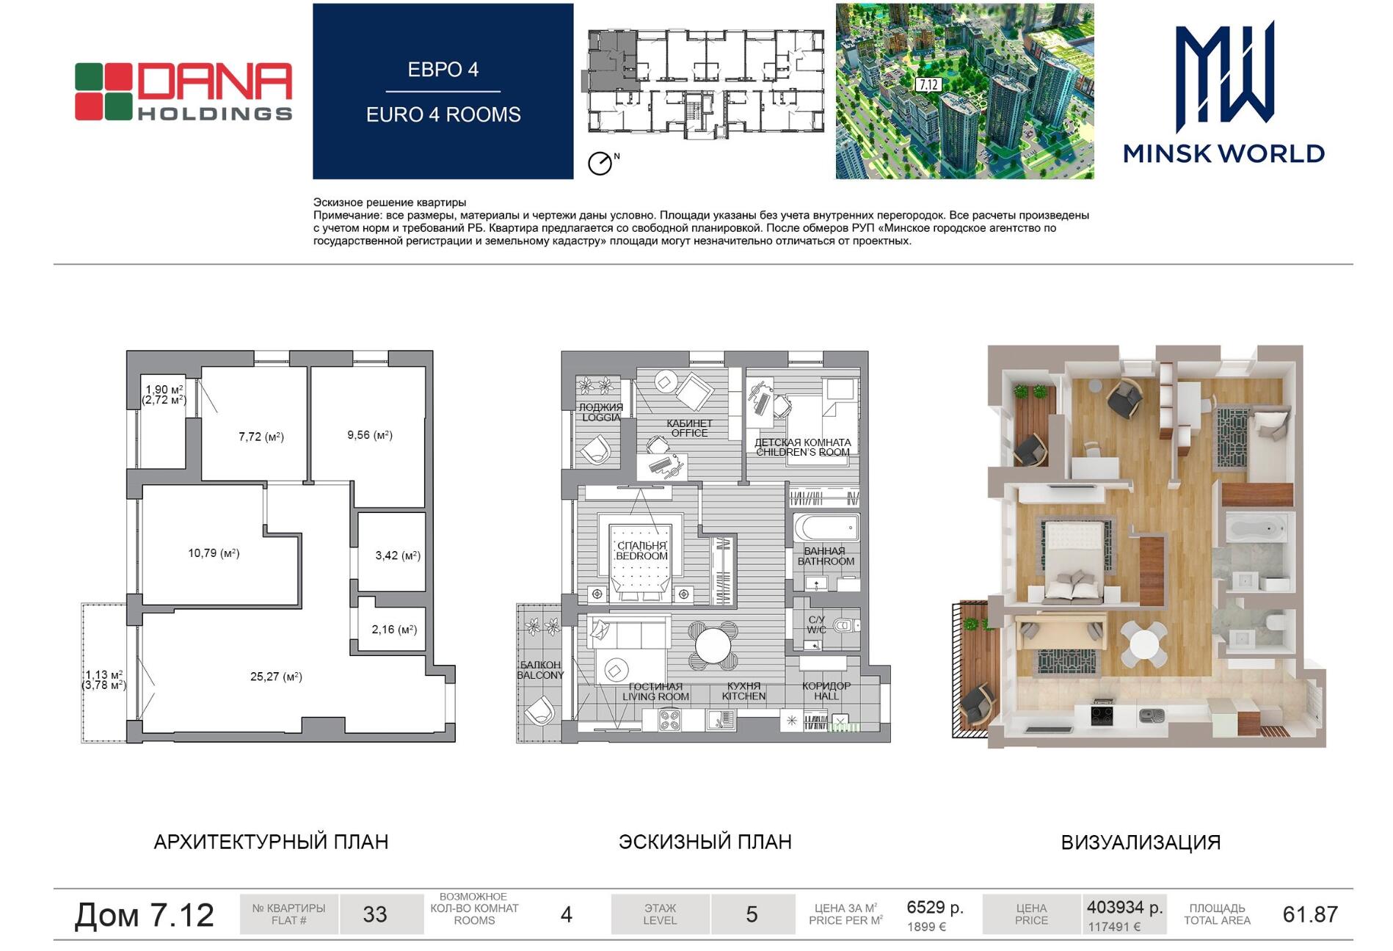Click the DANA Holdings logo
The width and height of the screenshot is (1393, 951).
[183, 92]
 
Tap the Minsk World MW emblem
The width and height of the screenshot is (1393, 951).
[1224, 76]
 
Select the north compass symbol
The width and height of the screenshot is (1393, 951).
[602, 162]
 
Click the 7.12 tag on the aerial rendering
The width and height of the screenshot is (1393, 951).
[928, 84]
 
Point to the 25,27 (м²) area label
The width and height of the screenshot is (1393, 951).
[276, 677]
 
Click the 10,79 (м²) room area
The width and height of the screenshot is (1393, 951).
[214, 553]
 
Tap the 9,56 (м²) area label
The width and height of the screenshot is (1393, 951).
[370, 435]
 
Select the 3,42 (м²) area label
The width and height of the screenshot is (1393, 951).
[398, 555]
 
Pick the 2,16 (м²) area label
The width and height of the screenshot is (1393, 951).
[394, 630]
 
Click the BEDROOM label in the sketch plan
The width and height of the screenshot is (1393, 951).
[641, 556]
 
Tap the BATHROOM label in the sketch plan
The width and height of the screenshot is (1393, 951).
[826, 561]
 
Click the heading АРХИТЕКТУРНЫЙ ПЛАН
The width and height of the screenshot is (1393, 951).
[271, 842]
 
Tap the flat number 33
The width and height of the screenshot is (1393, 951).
[375, 914]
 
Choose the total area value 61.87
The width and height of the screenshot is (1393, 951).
[1310, 914]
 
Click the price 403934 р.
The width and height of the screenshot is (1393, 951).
[1124, 908]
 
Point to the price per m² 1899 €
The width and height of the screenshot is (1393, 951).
[926, 927]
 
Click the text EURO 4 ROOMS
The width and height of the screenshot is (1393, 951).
[443, 114]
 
